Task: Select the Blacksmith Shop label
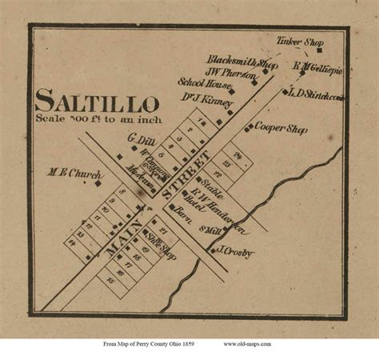coord(242,61)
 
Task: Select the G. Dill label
coord(138,140)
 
